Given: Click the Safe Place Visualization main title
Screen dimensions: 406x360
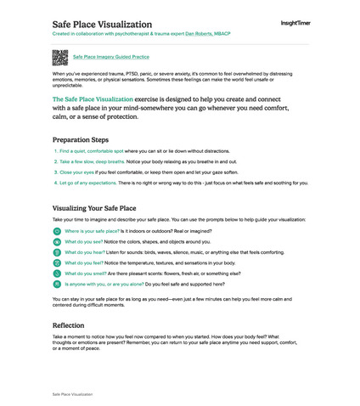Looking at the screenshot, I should (103, 24).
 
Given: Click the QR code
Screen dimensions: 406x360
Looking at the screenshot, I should (59, 57).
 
